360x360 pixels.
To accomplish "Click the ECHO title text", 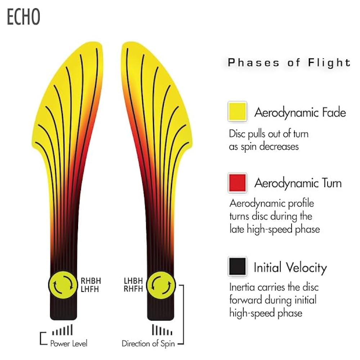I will click(x=23, y=17).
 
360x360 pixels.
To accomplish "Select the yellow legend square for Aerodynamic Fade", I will click(x=237, y=112).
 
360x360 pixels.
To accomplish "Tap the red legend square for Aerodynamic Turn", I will click(x=237, y=183).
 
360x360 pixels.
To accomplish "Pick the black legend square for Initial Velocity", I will click(x=237, y=267).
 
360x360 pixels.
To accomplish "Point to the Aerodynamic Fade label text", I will click(x=300, y=113).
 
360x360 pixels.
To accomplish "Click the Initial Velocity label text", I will click(x=290, y=268).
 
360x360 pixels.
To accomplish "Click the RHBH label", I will click(x=90, y=280).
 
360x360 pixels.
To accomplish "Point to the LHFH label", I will click(x=90, y=288).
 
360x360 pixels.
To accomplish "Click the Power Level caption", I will click(x=68, y=343).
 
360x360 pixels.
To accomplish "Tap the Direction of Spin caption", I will click(x=148, y=343).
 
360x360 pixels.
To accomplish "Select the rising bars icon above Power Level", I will click(x=62, y=330).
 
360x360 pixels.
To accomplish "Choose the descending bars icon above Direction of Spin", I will click(x=162, y=330).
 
